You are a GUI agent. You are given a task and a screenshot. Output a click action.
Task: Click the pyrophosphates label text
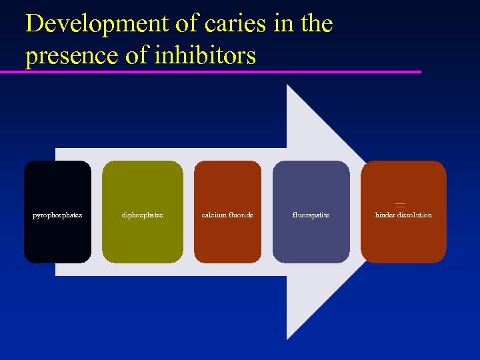(x=57, y=215)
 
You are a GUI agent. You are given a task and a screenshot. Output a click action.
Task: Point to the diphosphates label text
(x=142, y=215)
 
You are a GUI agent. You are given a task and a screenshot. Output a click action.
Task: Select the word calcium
(x=214, y=215)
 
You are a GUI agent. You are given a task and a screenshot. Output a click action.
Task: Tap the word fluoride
(x=241, y=215)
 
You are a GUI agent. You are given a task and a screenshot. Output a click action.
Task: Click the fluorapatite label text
(x=311, y=215)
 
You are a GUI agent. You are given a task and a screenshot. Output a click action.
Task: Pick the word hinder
(x=386, y=215)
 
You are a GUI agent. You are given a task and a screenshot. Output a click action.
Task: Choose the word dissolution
(x=415, y=215)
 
